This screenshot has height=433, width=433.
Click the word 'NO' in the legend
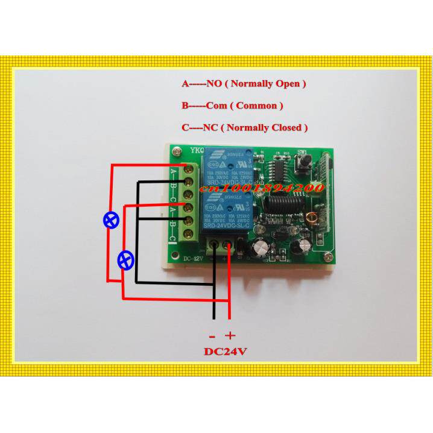(x=214, y=84)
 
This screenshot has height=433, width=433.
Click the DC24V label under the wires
(x=220, y=351)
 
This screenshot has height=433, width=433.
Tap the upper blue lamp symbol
(x=110, y=220)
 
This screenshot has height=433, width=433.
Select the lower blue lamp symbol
(x=124, y=260)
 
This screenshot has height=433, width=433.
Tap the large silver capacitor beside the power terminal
(x=262, y=248)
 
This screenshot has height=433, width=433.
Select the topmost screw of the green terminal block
(x=189, y=168)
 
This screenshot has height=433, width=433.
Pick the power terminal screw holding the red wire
(x=230, y=246)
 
